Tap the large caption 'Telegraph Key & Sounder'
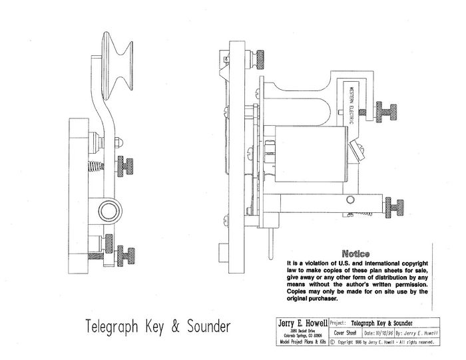pos(158,327)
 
